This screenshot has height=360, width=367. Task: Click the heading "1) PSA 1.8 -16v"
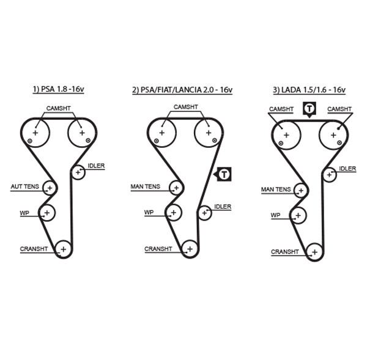coord(58,90)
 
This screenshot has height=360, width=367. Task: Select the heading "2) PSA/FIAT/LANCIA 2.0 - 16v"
coord(182,90)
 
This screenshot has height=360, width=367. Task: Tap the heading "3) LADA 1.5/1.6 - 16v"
coord(309,90)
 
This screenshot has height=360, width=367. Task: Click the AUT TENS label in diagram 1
coord(24,186)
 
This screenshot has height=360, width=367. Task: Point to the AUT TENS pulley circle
coord(49,188)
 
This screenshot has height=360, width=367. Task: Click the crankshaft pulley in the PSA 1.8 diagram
coord(63,248)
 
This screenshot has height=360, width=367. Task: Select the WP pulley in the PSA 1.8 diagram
coord(47,212)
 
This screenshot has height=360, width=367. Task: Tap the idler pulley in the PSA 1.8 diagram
coord(78,172)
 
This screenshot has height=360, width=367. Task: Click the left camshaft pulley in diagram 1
coord(35,133)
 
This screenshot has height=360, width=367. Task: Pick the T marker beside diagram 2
coord(224,174)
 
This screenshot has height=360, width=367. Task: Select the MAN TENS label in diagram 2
coord(145,186)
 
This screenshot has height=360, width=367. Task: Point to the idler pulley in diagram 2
coord(204,212)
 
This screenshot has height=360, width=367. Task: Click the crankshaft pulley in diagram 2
coord(190,248)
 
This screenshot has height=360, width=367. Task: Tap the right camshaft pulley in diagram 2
coord(208,132)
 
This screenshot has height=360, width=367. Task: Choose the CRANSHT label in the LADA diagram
coord(284,251)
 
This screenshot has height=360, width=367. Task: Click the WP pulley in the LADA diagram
coord(298,215)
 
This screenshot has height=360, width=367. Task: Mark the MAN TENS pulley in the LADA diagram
coord(300,190)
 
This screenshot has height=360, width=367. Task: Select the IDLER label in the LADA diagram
coord(347,168)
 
